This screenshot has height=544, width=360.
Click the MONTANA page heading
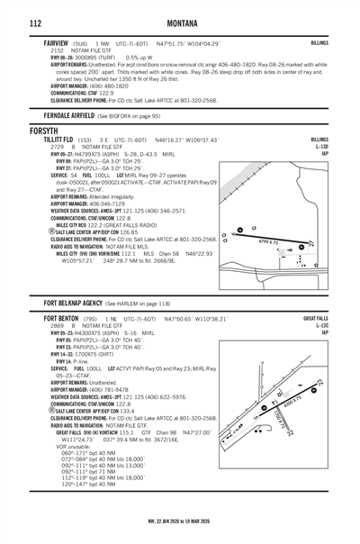pyautogui.click(x=180, y=22)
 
